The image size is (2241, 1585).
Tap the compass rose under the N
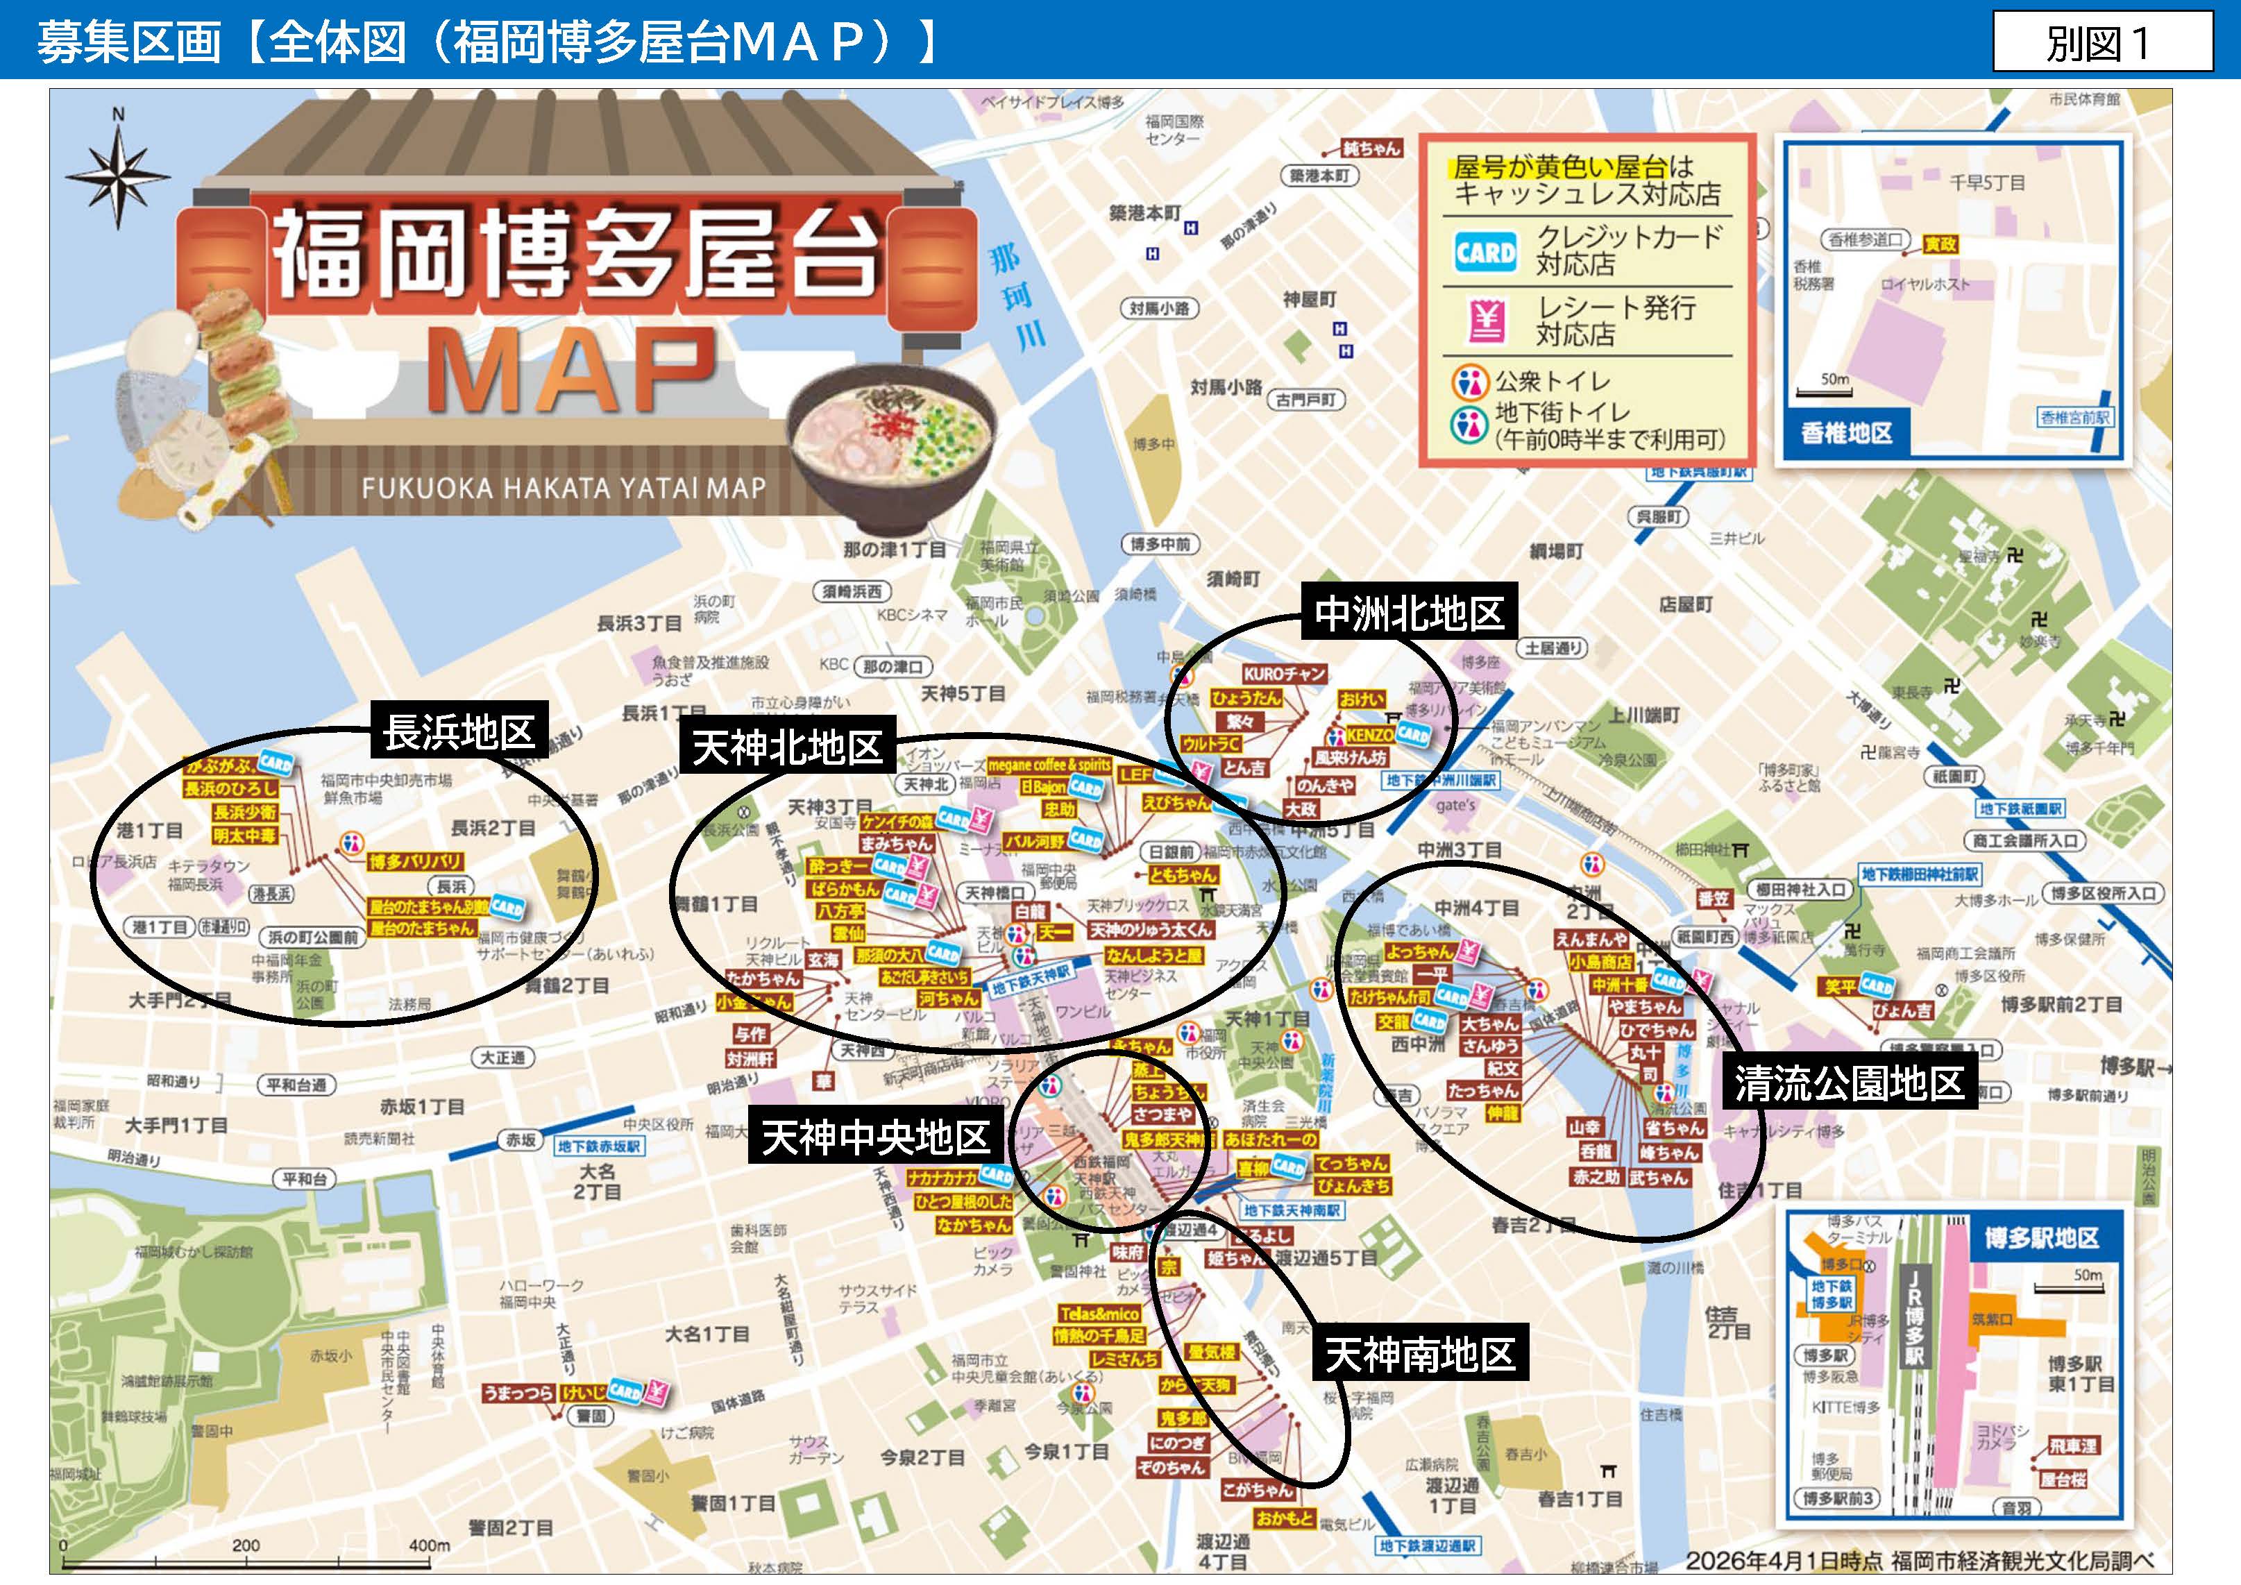(x=118, y=177)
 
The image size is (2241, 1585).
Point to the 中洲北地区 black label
(x=1408, y=613)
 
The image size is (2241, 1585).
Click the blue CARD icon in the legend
(x=1485, y=253)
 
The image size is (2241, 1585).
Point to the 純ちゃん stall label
(x=1371, y=149)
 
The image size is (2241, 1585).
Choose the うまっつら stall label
(x=518, y=1393)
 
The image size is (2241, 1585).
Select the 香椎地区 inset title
(x=1847, y=433)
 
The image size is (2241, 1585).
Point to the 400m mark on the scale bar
(x=430, y=1545)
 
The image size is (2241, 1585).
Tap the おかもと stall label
(x=1285, y=1518)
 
